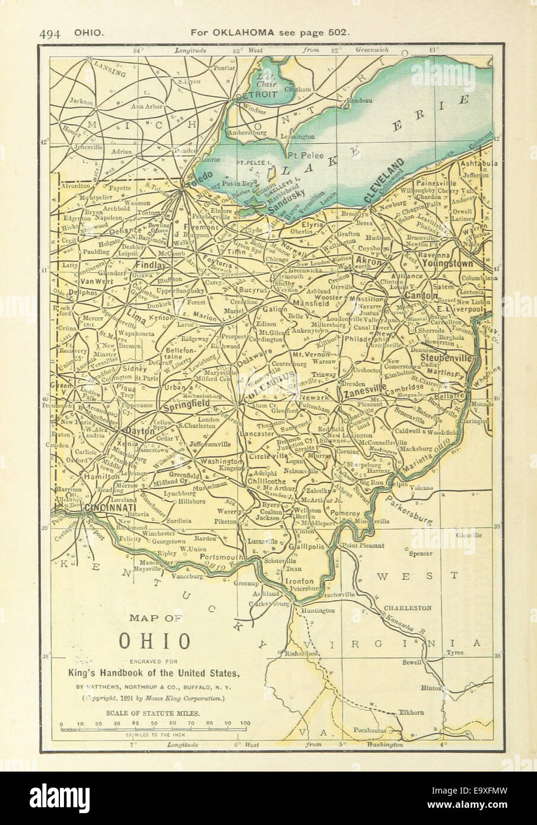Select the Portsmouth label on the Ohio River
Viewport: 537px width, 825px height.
(222, 558)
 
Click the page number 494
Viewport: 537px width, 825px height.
(52, 34)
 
